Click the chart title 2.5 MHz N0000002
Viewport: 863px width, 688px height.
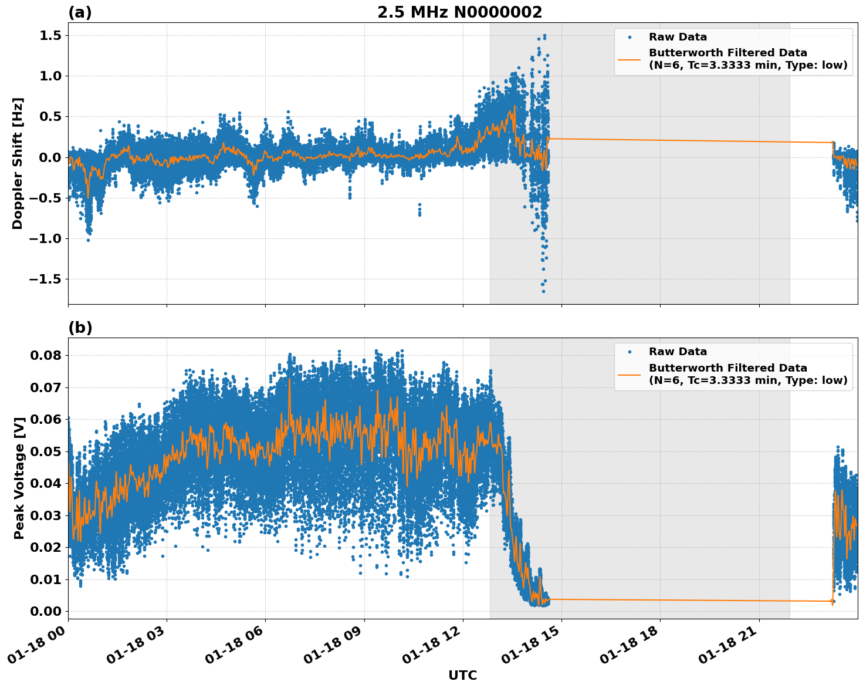coord(459,12)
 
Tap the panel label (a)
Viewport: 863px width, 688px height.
coord(80,12)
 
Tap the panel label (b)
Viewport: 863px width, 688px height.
coord(80,328)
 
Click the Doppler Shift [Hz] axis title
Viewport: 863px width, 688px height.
coord(18,163)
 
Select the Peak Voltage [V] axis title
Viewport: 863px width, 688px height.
coord(19,491)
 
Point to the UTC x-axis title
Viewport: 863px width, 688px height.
coord(462,675)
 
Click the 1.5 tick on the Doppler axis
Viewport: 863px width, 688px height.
coord(50,36)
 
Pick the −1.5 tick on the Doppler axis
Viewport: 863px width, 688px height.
coord(46,279)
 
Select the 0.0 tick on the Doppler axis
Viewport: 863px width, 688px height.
coord(50,157)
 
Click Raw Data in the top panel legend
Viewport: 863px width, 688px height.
coord(678,37)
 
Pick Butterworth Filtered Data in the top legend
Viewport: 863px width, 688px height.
coord(727,53)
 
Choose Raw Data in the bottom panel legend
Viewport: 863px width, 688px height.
coord(678,352)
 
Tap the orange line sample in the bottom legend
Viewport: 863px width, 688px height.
coord(629,374)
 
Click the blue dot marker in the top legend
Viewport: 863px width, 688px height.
coord(630,37)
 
